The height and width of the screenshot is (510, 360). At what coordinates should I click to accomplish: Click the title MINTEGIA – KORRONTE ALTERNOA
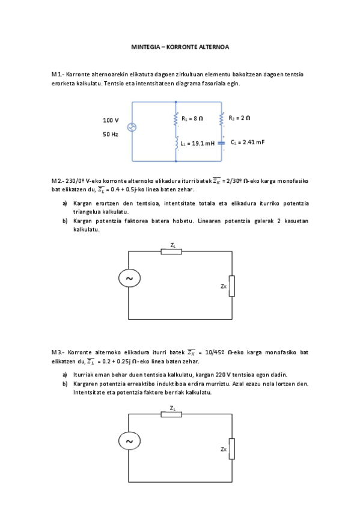180,46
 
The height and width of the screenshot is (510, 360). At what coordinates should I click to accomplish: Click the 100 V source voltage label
111,120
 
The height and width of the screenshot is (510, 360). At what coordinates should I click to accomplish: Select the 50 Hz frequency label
110,135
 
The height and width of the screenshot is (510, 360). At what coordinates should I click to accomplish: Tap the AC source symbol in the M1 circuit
132,127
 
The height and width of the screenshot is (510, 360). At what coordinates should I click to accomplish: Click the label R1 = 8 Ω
192,119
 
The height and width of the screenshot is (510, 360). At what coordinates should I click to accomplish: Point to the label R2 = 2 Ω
239,118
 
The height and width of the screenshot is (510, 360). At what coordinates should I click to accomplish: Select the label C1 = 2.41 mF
248,143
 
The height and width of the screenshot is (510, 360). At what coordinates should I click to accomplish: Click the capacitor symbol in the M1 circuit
221,143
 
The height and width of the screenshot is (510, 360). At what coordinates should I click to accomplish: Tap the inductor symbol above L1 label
176,143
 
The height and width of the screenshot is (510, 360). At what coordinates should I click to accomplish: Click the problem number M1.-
58,75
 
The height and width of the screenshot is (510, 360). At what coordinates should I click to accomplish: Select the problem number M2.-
58,180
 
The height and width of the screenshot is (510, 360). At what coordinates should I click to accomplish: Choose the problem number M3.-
58,352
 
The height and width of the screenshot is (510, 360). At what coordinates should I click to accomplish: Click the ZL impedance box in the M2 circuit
171,251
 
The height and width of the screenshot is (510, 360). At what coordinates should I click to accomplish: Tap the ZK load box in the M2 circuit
232,286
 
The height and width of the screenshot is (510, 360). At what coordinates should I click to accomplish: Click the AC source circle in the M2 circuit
129,278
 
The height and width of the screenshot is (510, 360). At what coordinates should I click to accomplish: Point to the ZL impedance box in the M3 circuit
171,414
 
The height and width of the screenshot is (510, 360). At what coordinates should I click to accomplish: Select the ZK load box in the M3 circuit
232,449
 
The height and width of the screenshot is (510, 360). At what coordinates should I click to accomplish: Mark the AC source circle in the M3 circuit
129,441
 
